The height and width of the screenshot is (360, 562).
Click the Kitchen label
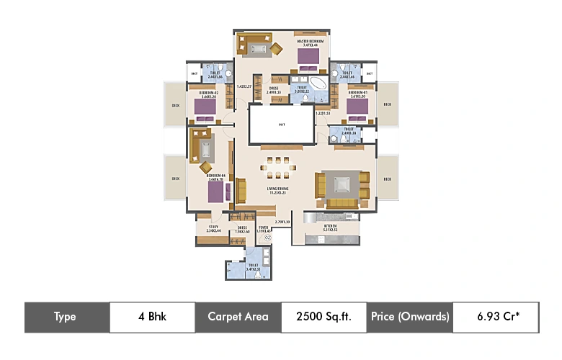point(331,226)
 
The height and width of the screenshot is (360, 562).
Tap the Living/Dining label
point(277,190)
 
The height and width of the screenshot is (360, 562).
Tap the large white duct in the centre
point(281,125)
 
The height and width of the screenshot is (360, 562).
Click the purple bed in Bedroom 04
point(215,192)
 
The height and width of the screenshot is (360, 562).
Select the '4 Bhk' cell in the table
point(152,317)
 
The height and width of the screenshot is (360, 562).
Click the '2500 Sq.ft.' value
point(323,317)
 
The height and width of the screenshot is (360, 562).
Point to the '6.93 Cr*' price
point(495,317)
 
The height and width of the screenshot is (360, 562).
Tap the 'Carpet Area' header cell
point(238,317)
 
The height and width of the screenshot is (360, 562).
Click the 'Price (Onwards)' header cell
point(410,317)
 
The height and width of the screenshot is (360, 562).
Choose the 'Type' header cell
point(66,317)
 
